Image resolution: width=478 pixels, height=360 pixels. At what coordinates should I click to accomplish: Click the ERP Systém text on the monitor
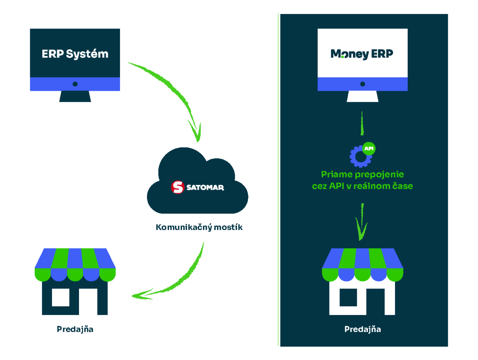point(75,54)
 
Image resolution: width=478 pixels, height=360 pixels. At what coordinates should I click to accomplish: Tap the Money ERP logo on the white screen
point(362,54)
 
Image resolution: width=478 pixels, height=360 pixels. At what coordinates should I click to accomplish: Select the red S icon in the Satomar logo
point(177,187)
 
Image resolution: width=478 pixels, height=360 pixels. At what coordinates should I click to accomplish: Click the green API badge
point(369,148)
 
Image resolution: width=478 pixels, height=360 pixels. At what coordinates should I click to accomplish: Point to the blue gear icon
point(360,156)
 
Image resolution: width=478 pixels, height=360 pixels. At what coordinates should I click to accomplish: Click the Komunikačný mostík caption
point(199,227)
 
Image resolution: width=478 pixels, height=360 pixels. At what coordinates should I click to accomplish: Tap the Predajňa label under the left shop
point(75,329)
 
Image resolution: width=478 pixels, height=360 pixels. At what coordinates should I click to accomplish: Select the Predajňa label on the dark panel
point(362,329)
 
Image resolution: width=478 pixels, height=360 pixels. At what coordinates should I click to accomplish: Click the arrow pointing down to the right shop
point(362,223)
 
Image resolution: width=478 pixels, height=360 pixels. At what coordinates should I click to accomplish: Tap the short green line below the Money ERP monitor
point(362,123)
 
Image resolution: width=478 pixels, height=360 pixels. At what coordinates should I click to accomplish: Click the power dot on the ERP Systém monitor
point(75,84)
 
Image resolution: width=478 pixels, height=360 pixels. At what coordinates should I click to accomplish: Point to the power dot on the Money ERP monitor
point(362,84)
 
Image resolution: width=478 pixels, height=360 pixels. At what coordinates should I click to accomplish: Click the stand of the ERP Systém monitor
point(75,96)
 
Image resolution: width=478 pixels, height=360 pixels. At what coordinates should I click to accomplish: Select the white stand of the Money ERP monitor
point(362,96)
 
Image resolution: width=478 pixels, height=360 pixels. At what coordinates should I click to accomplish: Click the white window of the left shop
point(61,297)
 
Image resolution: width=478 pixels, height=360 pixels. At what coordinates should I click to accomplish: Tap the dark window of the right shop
point(348,297)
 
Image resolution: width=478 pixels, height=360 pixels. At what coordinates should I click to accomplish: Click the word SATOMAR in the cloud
point(205,188)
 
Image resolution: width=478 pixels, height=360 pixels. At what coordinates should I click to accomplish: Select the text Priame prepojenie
point(362,175)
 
